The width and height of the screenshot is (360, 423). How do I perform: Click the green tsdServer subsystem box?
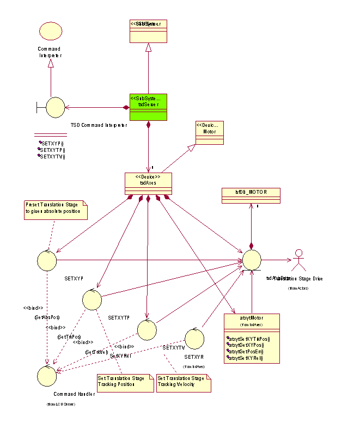point(148,107)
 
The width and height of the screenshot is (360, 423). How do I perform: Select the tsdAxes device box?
point(148,182)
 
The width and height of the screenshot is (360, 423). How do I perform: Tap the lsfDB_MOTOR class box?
point(251,195)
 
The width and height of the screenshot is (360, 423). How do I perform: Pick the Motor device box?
point(209,133)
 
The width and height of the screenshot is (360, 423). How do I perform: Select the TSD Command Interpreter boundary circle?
point(54,107)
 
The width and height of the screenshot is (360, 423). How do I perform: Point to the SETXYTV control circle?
point(147,329)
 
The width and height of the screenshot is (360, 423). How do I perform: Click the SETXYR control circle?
point(194,338)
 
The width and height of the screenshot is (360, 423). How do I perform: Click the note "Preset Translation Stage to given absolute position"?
point(56,210)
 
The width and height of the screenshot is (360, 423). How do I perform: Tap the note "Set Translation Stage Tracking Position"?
point(122,382)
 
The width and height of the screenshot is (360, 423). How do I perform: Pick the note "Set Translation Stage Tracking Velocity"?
point(182,382)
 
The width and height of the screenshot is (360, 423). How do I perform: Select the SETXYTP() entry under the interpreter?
point(53,150)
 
